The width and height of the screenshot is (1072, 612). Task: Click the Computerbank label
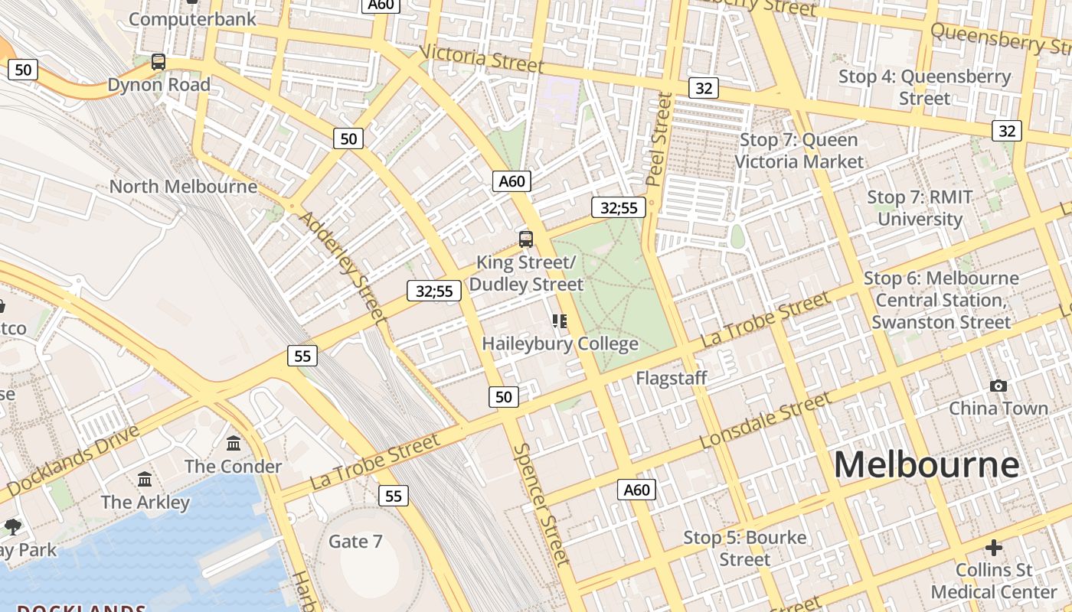(192, 19)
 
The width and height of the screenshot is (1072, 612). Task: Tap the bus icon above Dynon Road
(159, 62)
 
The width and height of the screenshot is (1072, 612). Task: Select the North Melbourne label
(183, 186)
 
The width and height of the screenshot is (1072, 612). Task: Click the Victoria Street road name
(482, 58)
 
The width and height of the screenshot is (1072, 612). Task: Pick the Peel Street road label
(659, 140)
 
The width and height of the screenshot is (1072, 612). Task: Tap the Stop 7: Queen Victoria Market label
(799, 151)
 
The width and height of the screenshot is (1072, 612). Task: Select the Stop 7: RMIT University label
(920, 208)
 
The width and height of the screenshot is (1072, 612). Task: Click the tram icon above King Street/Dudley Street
(525, 239)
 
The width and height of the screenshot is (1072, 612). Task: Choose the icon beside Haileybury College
(560, 321)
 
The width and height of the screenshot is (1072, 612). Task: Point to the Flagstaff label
(672, 378)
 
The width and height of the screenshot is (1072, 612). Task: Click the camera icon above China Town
(998, 386)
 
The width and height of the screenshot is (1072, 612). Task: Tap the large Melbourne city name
(927, 464)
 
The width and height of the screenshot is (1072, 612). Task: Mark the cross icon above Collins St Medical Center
(994, 548)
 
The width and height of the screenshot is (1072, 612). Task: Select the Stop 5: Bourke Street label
(744, 549)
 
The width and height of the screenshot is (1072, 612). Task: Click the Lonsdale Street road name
(765, 421)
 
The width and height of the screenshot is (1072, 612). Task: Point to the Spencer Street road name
(543, 505)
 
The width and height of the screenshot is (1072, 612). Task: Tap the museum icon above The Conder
(234, 443)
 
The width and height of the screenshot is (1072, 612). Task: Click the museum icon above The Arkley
(145, 480)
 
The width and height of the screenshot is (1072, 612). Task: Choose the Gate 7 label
(355, 542)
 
